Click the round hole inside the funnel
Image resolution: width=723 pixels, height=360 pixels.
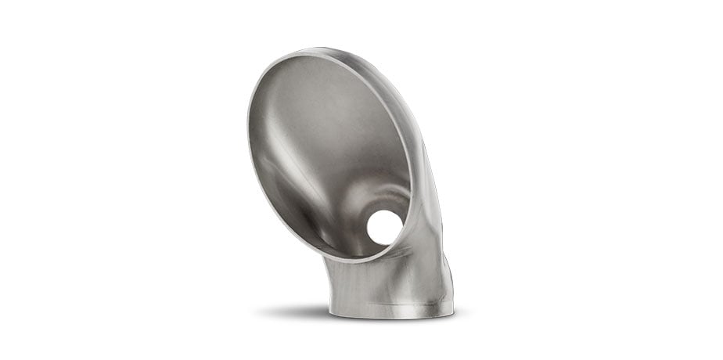click(384, 227)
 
